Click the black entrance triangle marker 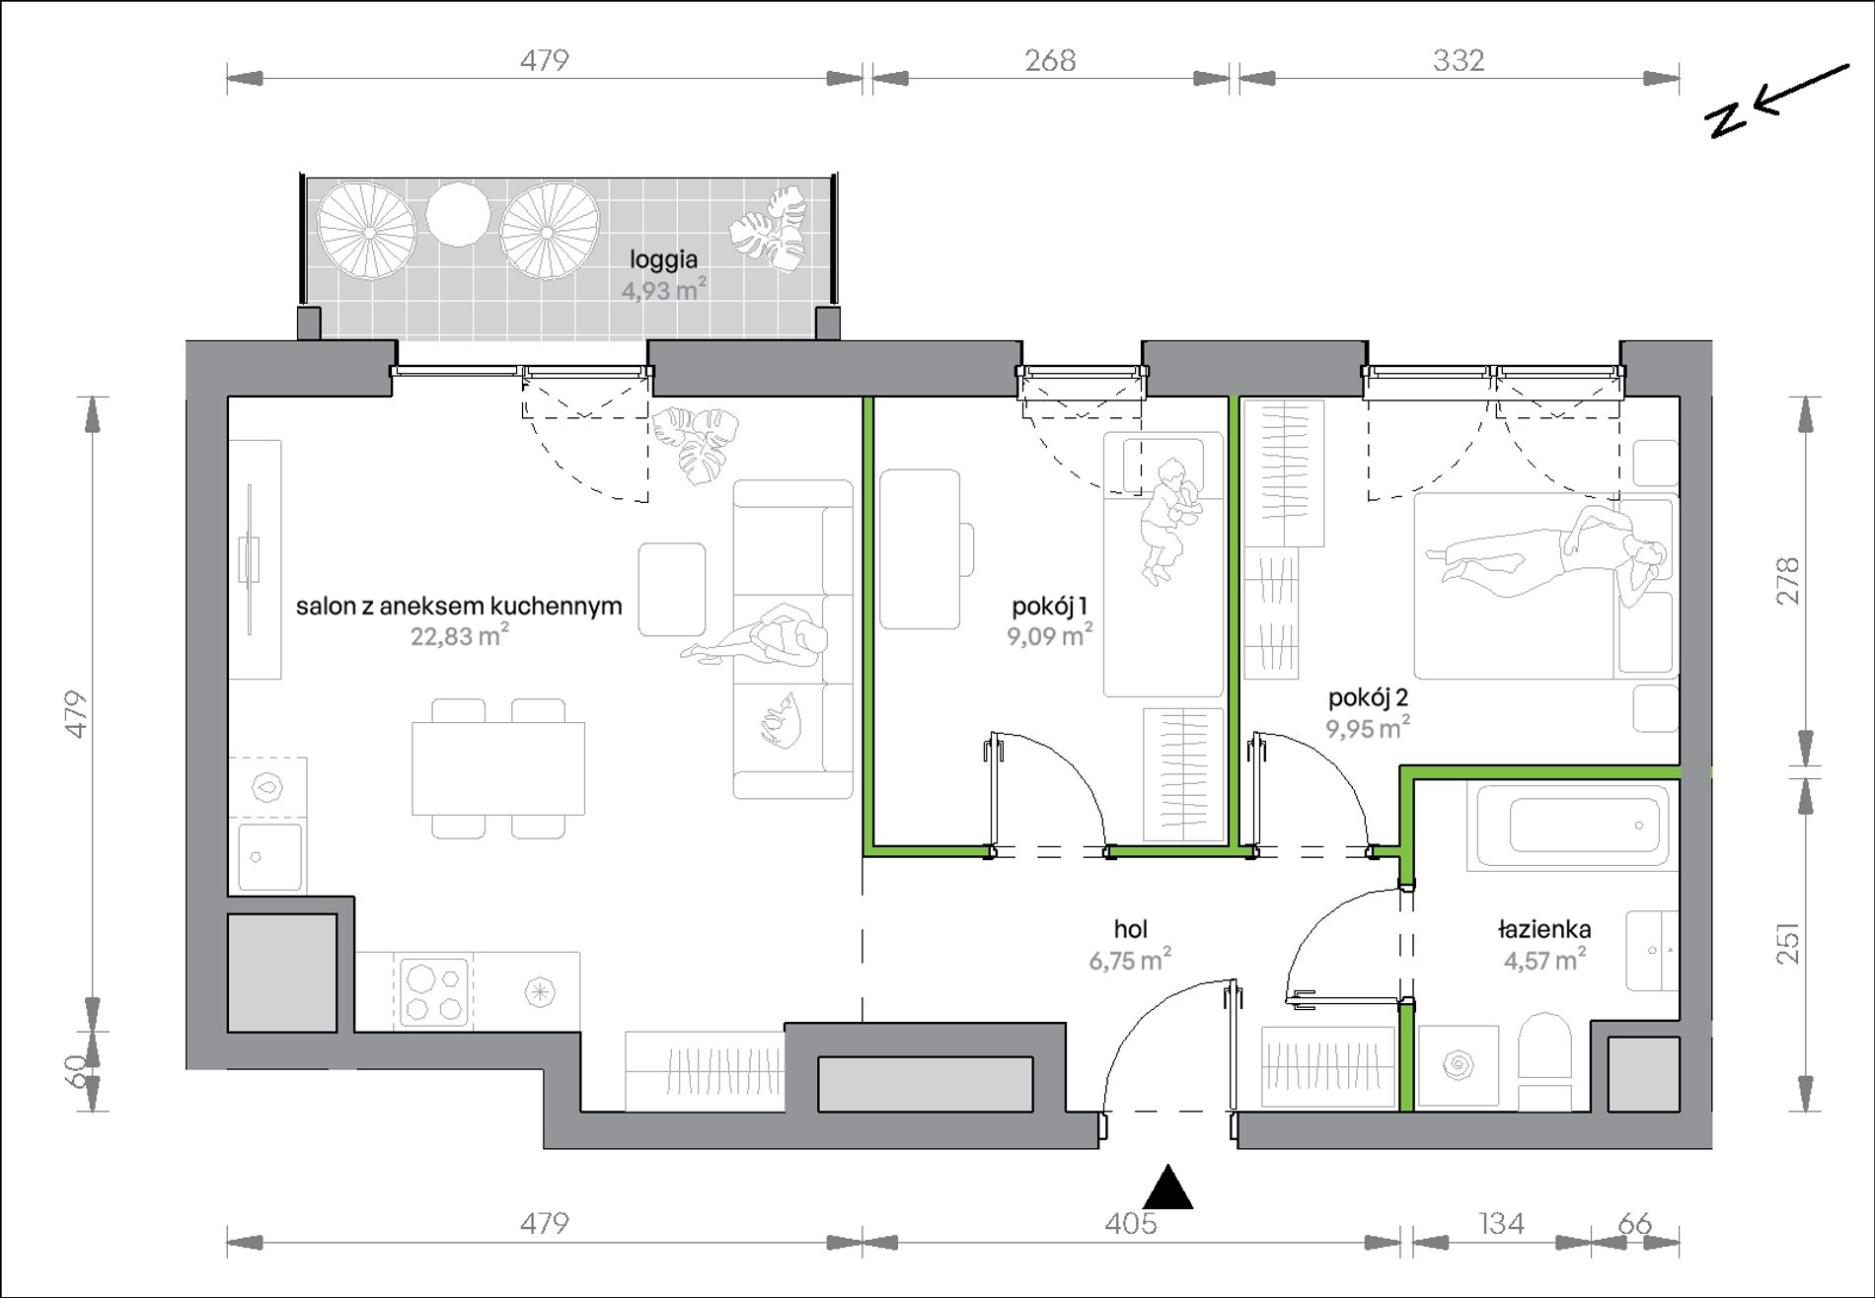1167,1188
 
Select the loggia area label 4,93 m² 663,290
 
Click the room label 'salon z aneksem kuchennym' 459,606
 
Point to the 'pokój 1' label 1050,606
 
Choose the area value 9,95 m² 1368,728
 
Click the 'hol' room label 1130,928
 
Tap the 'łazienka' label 1543,928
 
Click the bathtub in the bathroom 1572,827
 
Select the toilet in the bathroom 1545,1061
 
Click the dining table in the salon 498,768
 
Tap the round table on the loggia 457,214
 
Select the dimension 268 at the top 1050,61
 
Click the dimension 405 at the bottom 1131,1224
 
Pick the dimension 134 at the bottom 1501,1224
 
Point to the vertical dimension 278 1788,581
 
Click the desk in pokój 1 920,548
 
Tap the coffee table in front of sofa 672,589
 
